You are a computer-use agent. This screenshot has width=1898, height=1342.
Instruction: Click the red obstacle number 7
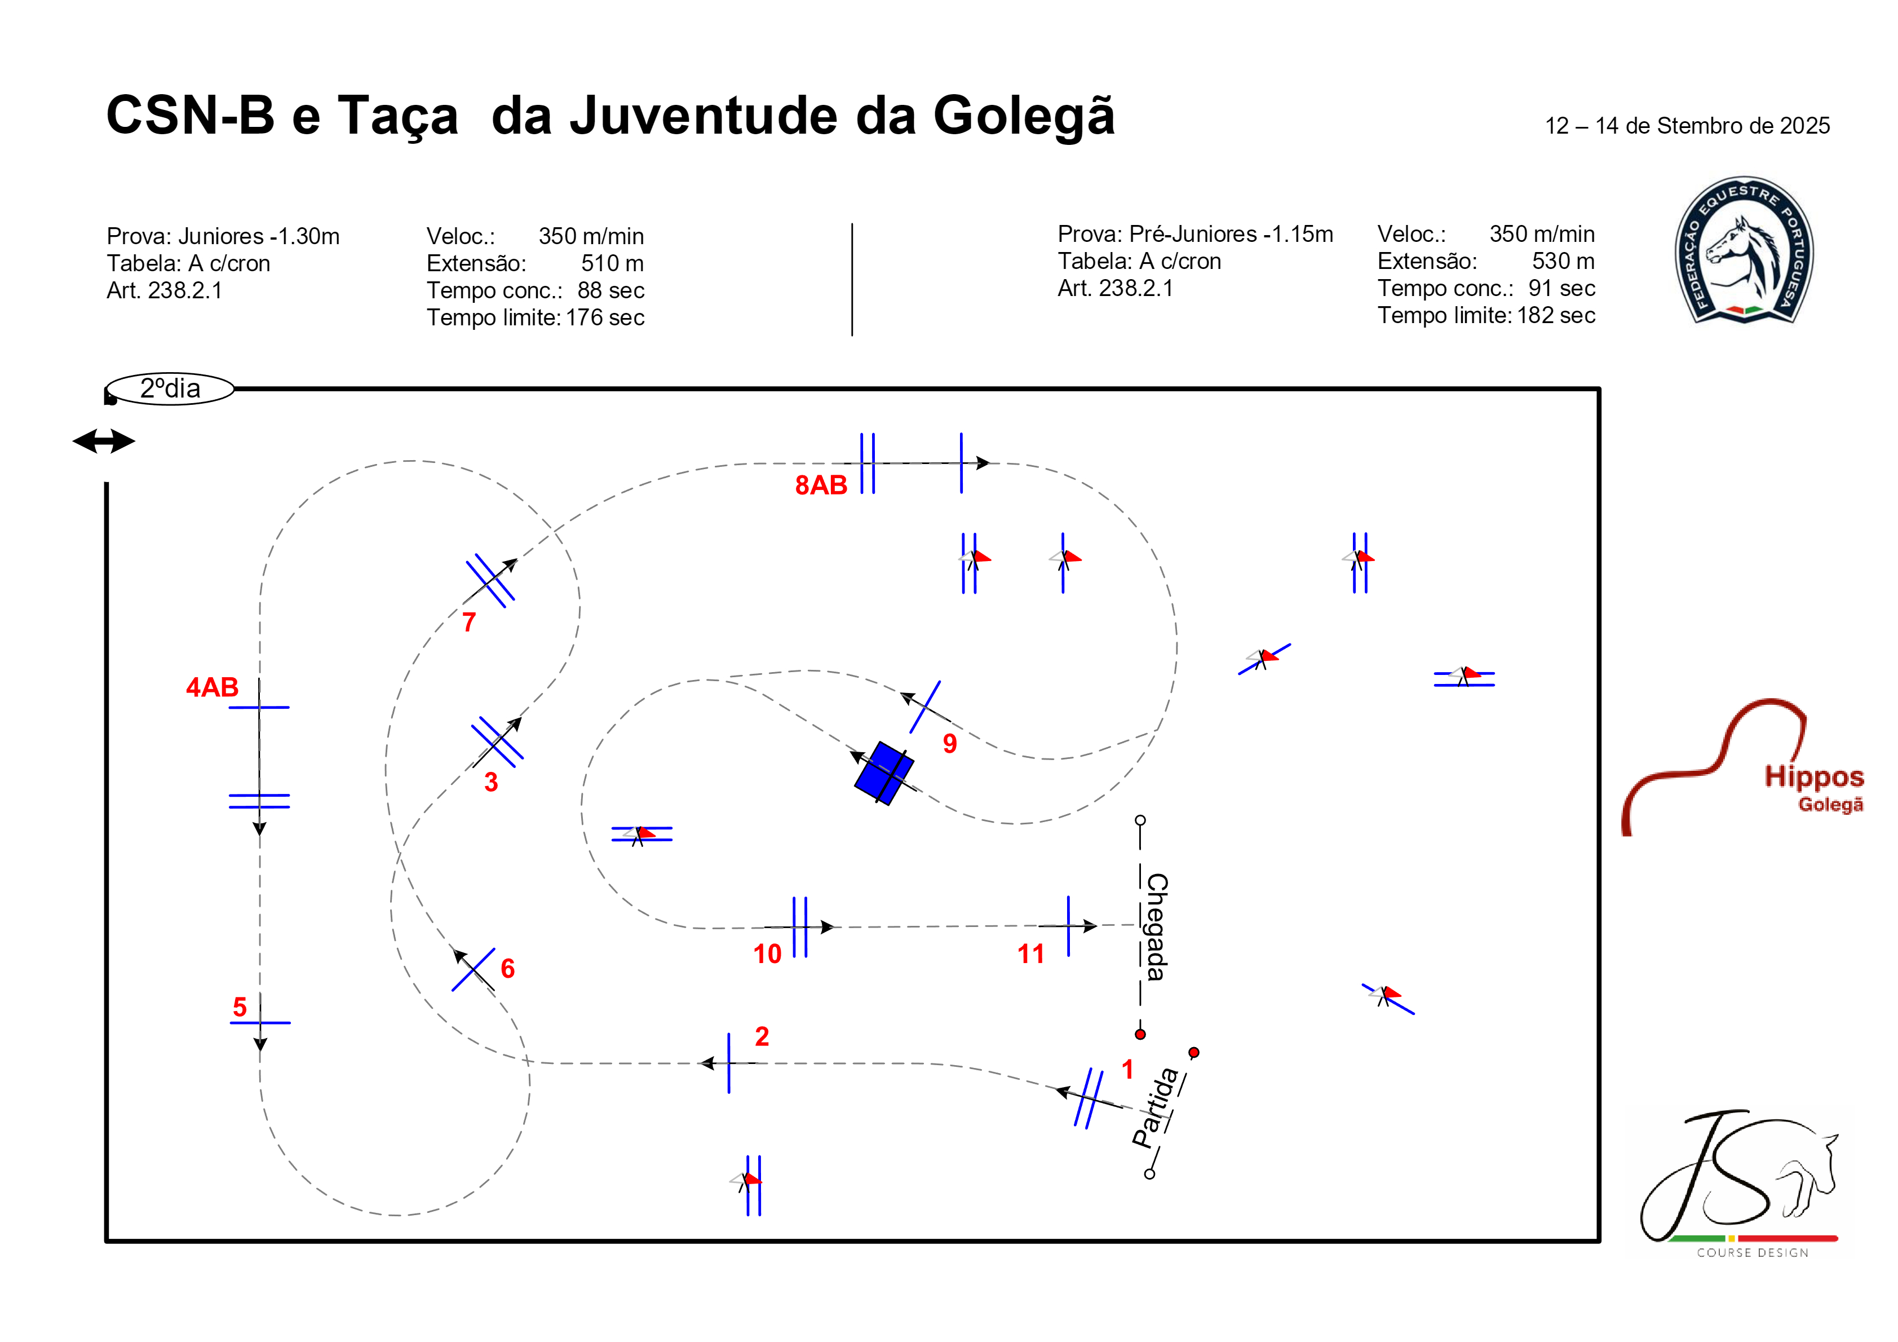468,622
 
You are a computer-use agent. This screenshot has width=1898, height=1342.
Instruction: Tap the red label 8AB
821,485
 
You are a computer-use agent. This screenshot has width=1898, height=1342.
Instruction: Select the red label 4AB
213,687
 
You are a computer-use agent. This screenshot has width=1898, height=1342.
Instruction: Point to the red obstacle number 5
240,1007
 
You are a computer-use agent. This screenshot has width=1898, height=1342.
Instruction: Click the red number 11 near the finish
1031,954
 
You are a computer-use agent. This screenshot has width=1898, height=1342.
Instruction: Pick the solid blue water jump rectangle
884,773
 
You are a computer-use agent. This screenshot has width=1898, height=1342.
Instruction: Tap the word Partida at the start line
1156,1108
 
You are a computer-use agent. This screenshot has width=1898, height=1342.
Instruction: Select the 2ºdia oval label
170,389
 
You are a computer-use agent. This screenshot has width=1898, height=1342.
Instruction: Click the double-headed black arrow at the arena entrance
104,441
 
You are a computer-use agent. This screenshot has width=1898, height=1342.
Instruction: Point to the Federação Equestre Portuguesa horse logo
1744,250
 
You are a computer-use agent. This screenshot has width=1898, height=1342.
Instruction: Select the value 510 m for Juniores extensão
613,263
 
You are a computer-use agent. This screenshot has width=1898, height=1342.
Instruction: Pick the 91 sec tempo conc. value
1561,288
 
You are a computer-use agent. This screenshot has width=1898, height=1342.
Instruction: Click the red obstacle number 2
762,1036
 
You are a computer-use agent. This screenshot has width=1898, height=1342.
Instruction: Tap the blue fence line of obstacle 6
474,970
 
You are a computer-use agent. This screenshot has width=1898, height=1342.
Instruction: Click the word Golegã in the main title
1024,116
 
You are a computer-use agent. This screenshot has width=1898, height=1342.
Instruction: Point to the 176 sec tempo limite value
605,317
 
